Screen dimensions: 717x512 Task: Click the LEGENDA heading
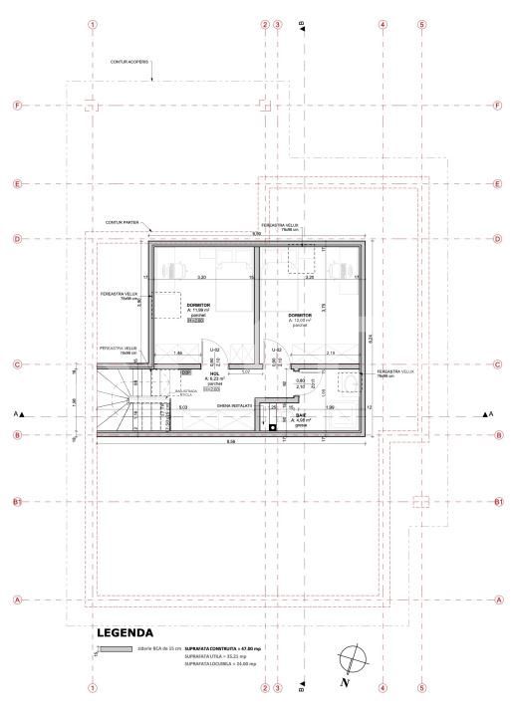(125, 632)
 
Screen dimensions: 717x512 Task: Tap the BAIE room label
(302, 415)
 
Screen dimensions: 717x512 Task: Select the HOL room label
(214, 374)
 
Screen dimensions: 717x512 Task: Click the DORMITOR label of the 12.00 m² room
(301, 315)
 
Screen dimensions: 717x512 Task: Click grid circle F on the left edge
(17, 105)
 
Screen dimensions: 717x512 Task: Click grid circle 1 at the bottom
(93, 687)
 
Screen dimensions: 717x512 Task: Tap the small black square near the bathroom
(273, 426)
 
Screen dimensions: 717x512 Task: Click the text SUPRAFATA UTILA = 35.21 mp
(214, 658)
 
